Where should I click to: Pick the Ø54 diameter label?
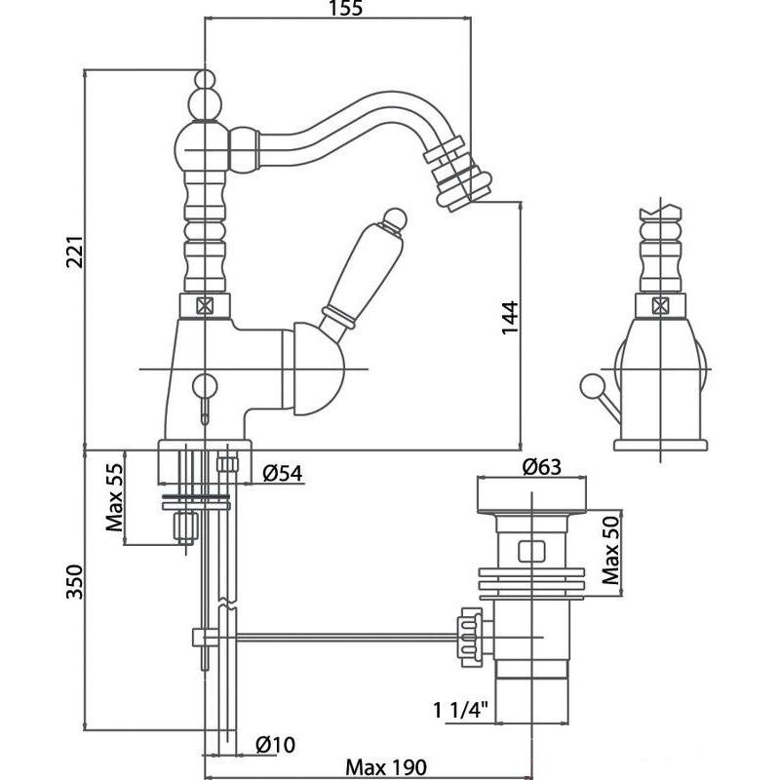click(283, 474)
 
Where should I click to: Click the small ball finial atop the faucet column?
click(204, 79)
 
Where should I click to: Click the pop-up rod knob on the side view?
click(588, 382)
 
